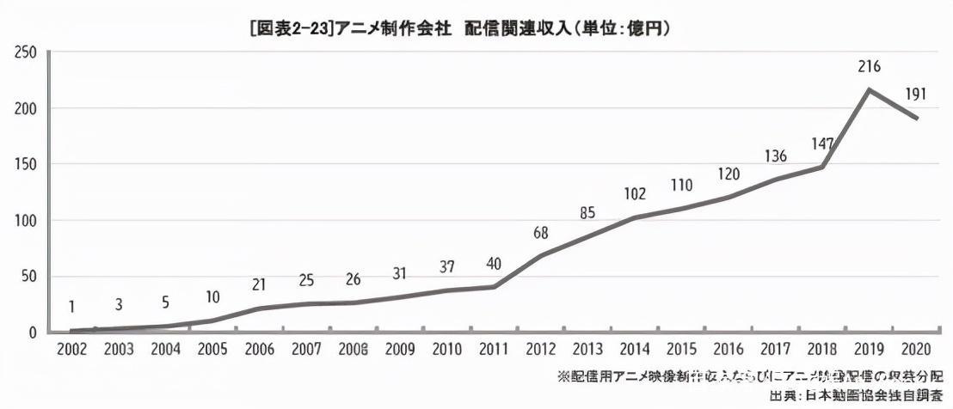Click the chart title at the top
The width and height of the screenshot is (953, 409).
pyautogui.click(x=459, y=29)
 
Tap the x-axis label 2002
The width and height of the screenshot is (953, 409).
pyautogui.click(x=71, y=351)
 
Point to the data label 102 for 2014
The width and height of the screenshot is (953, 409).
pyautogui.click(x=634, y=194)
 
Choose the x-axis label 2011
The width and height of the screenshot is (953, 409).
pyautogui.click(x=493, y=351)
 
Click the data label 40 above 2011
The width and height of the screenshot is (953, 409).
pyautogui.click(x=493, y=264)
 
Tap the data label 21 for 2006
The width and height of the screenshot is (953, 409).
pyautogui.click(x=259, y=284)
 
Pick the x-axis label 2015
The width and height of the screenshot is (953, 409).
pyautogui.click(x=682, y=351)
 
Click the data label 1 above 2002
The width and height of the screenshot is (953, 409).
pyautogui.click(x=73, y=307)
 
